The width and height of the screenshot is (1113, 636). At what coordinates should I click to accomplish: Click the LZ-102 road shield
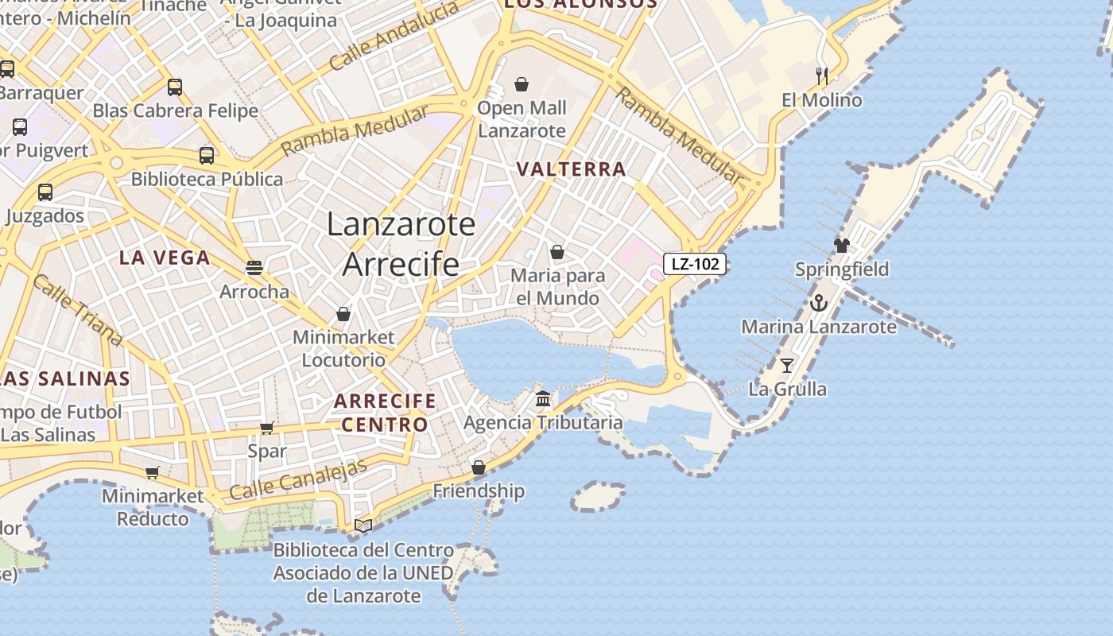pos(695,264)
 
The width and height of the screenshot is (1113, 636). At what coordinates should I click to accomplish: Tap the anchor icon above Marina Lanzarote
pos(818,303)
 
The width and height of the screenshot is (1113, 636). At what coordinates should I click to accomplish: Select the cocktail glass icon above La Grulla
pos(787,365)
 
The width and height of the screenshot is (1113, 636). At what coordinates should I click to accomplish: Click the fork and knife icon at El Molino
pos(822,76)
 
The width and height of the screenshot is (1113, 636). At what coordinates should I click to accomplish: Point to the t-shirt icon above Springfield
pos(842,245)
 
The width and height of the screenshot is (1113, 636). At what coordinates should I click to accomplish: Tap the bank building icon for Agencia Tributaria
pos(543,398)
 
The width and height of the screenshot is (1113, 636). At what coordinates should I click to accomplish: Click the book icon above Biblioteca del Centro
pos(363,525)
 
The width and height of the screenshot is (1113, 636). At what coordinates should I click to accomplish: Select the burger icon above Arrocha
pos(254,268)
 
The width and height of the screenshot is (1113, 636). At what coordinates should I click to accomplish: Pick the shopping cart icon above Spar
pos(267,428)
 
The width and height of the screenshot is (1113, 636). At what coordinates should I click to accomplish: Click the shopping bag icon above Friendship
pos(479,467)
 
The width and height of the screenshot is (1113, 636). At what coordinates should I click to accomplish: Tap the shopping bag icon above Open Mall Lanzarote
pos(522,84)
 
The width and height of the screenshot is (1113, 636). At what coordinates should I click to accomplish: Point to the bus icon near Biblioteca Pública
pos(207,156)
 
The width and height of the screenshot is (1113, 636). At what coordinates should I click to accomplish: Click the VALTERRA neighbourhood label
pos(571,169)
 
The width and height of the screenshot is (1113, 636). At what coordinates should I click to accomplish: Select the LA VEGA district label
pos(165,258)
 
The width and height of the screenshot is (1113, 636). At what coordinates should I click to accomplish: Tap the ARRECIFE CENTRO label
pos(385,412)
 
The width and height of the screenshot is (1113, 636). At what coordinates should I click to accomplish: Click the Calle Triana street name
pos(78,310)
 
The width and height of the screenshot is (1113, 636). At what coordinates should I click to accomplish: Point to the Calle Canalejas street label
pos(298,480)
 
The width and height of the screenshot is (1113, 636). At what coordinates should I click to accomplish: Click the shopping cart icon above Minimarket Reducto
pos(152,473)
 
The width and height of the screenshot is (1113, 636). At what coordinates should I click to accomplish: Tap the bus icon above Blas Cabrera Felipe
pos(175,87)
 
